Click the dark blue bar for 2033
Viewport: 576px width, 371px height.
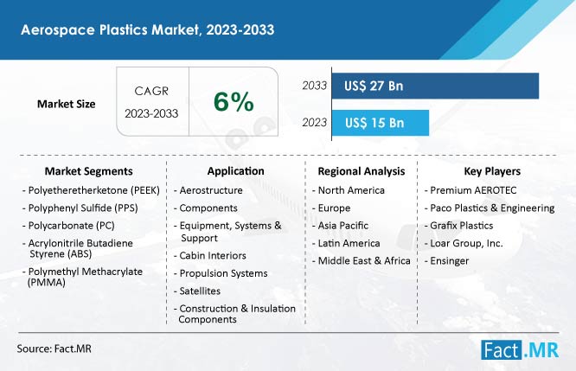pyautogui.click(x=435, y=86)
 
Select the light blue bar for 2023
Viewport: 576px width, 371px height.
pyautogui.click(x=381, y=123)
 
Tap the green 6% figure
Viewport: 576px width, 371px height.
pyautogui.click(x=234, y=101)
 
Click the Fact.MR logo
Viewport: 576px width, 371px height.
pyautogui.click(x=520, y=349)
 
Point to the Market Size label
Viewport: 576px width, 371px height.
pyautogui.click(x=66, y=104)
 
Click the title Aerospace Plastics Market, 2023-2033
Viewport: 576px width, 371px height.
pyautogui.click(x=147, y=29)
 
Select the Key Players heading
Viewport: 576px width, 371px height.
pyautogui.click(x=492, y=171)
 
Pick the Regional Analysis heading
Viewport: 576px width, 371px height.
pyautogui.click(x=362, y=171)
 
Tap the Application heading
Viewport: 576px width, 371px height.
pyautogui.click(x=235, y=171)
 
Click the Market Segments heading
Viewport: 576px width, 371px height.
pyautogui.click(x=88, y=171)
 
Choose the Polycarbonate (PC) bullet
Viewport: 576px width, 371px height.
pyautogui.click(x=68, y=226)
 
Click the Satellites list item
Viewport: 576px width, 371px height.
pyautogui.click(x=197, y=291)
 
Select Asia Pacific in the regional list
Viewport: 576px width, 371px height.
pyautogui.click(x=340, y=226)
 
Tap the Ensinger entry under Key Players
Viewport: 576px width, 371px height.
pyautogui.click(x=446, y=261)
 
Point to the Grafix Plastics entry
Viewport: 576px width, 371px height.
pyautogui.click(x=459, y=226)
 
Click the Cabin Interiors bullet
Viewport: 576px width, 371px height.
pyautogui.click(x=210, y=256)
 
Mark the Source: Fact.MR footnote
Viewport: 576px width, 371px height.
pyautogui.click(x=54, y=349)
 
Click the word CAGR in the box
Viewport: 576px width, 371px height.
pyautogui.click(x=151, y=91)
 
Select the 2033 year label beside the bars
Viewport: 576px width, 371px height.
pyautogui.click(x=315, y=86)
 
